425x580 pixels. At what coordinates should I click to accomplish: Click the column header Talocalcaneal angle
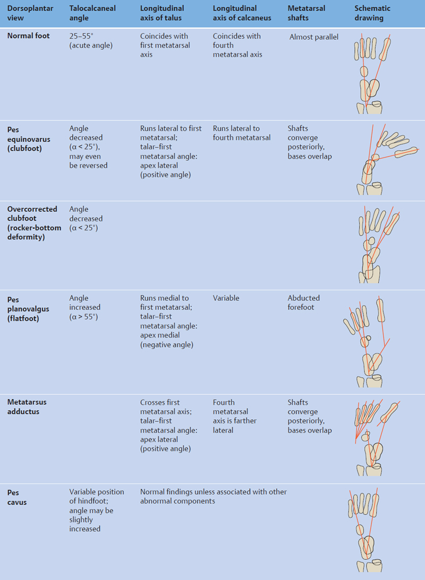click(x=92, y=13)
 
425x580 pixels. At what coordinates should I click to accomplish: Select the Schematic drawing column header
click(x=372, y=13)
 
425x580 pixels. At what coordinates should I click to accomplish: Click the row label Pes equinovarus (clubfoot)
click(x=29, y=137)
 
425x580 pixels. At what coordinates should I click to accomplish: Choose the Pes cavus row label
click(x=17, y=497)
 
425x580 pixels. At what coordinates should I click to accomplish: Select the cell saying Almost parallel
click(x=314, y=37)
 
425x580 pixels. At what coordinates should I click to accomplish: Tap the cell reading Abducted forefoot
click(x=304, y=302)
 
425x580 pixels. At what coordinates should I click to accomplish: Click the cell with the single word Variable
click(x=226, y=298)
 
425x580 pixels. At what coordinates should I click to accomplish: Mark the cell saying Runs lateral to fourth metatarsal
click(x=241, y=133)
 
